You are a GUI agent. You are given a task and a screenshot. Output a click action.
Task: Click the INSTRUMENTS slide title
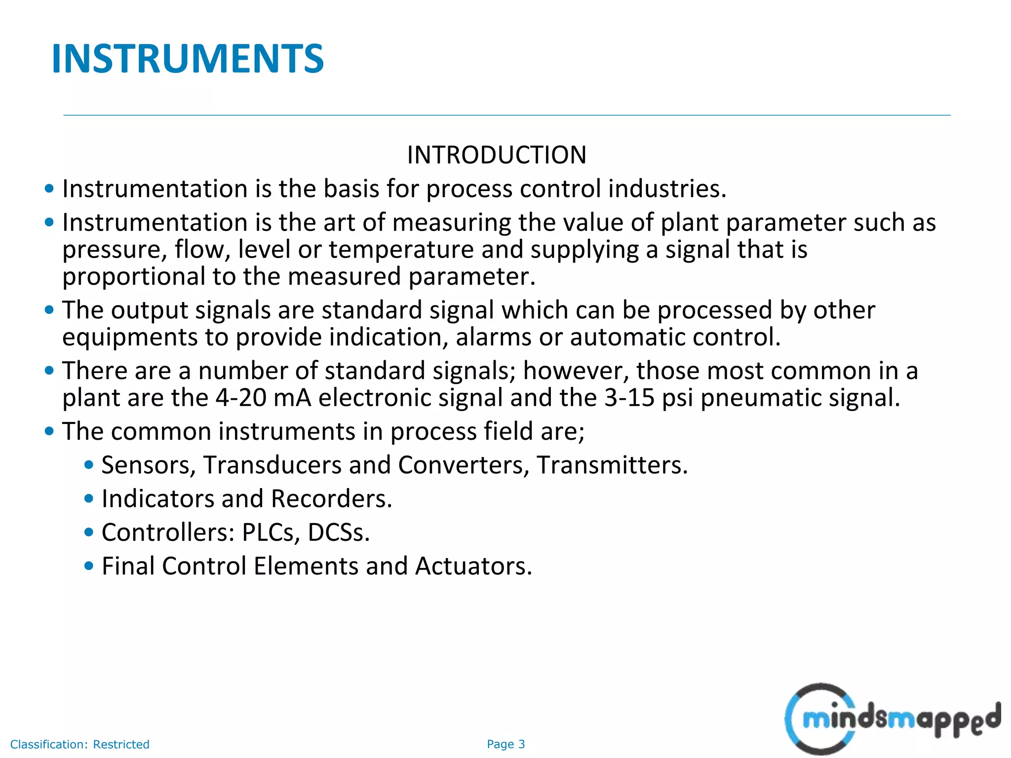[x=188, y=59]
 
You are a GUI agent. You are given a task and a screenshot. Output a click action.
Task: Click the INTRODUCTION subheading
[x=497, y=155]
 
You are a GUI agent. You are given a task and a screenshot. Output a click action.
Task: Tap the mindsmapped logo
[x=893, y=719]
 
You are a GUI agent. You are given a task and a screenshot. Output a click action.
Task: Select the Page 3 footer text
[x=505, y=744]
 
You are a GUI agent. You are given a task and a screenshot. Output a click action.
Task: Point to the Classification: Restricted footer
[x=79, y=744]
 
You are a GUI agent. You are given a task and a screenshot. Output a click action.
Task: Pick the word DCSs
[x=339, y=532]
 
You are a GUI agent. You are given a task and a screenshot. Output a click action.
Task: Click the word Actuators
[x=473, y=566]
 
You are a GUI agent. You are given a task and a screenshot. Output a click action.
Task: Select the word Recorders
[x=331, y=499]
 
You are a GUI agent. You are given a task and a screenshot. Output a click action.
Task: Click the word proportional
[x=133, y=277]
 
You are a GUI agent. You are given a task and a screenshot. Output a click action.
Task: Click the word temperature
[x=401, y=250]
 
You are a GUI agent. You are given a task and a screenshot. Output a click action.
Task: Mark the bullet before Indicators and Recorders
[x=89, y=499]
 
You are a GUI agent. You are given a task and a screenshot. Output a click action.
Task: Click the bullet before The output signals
[x=49, y=310]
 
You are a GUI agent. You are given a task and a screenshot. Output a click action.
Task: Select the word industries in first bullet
[x=667, y=189]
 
